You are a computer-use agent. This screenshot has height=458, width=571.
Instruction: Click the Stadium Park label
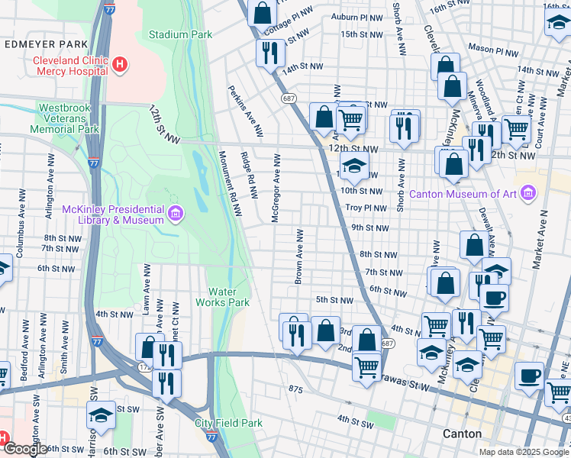point(180,34)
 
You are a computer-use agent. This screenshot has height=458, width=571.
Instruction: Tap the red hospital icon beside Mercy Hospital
point(118,65)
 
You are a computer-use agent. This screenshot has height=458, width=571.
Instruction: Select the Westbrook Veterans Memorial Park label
point(65,118)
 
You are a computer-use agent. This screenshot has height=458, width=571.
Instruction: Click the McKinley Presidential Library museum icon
point(176,214)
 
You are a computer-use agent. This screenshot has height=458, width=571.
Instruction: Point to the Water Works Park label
point(229,297)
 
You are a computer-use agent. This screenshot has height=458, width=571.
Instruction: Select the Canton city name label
point(463,434)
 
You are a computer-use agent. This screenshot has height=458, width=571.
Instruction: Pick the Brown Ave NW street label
point(299,256)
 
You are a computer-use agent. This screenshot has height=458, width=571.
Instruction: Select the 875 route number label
point(296,390)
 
